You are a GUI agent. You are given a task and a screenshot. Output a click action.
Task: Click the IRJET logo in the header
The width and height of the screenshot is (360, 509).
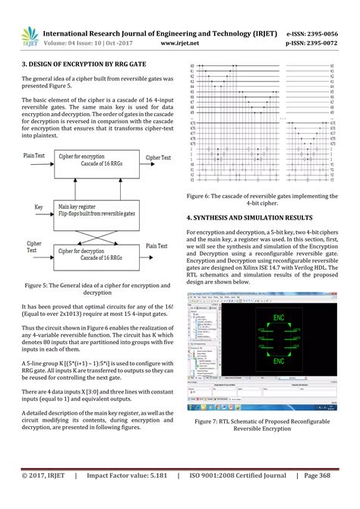(x=28, y=34)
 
